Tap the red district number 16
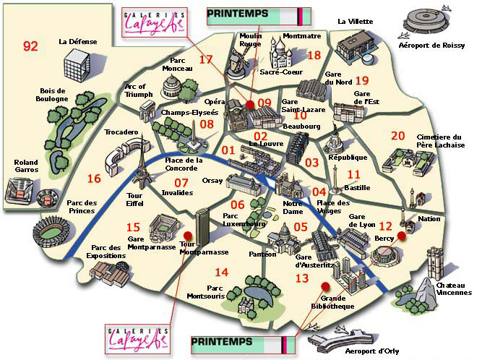point(94,179)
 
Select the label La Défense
point(78,42)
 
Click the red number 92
point(30,46)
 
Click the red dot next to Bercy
point(401,235)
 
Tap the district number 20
point(397,135)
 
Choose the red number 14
point(222,272)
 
